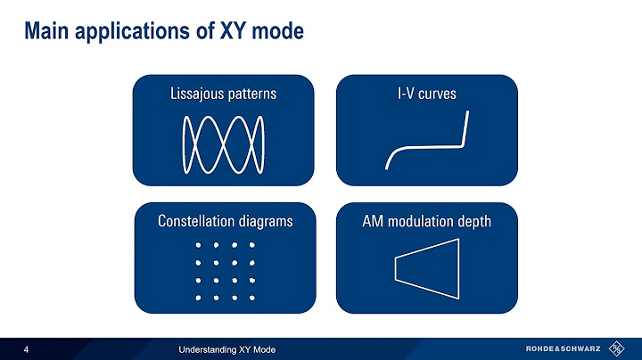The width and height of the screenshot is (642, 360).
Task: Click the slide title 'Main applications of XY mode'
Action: coord(164,31)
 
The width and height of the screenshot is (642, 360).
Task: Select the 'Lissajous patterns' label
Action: coord(223,94)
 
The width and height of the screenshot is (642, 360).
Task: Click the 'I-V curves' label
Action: coord(426,94)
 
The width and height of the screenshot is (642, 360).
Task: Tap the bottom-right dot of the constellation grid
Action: coord(252,297)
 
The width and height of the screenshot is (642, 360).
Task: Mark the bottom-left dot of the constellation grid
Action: coord(197,297)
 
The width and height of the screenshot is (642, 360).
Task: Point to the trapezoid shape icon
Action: coord(427,270)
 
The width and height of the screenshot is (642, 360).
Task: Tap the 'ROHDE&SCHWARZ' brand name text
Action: coord(562,348)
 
